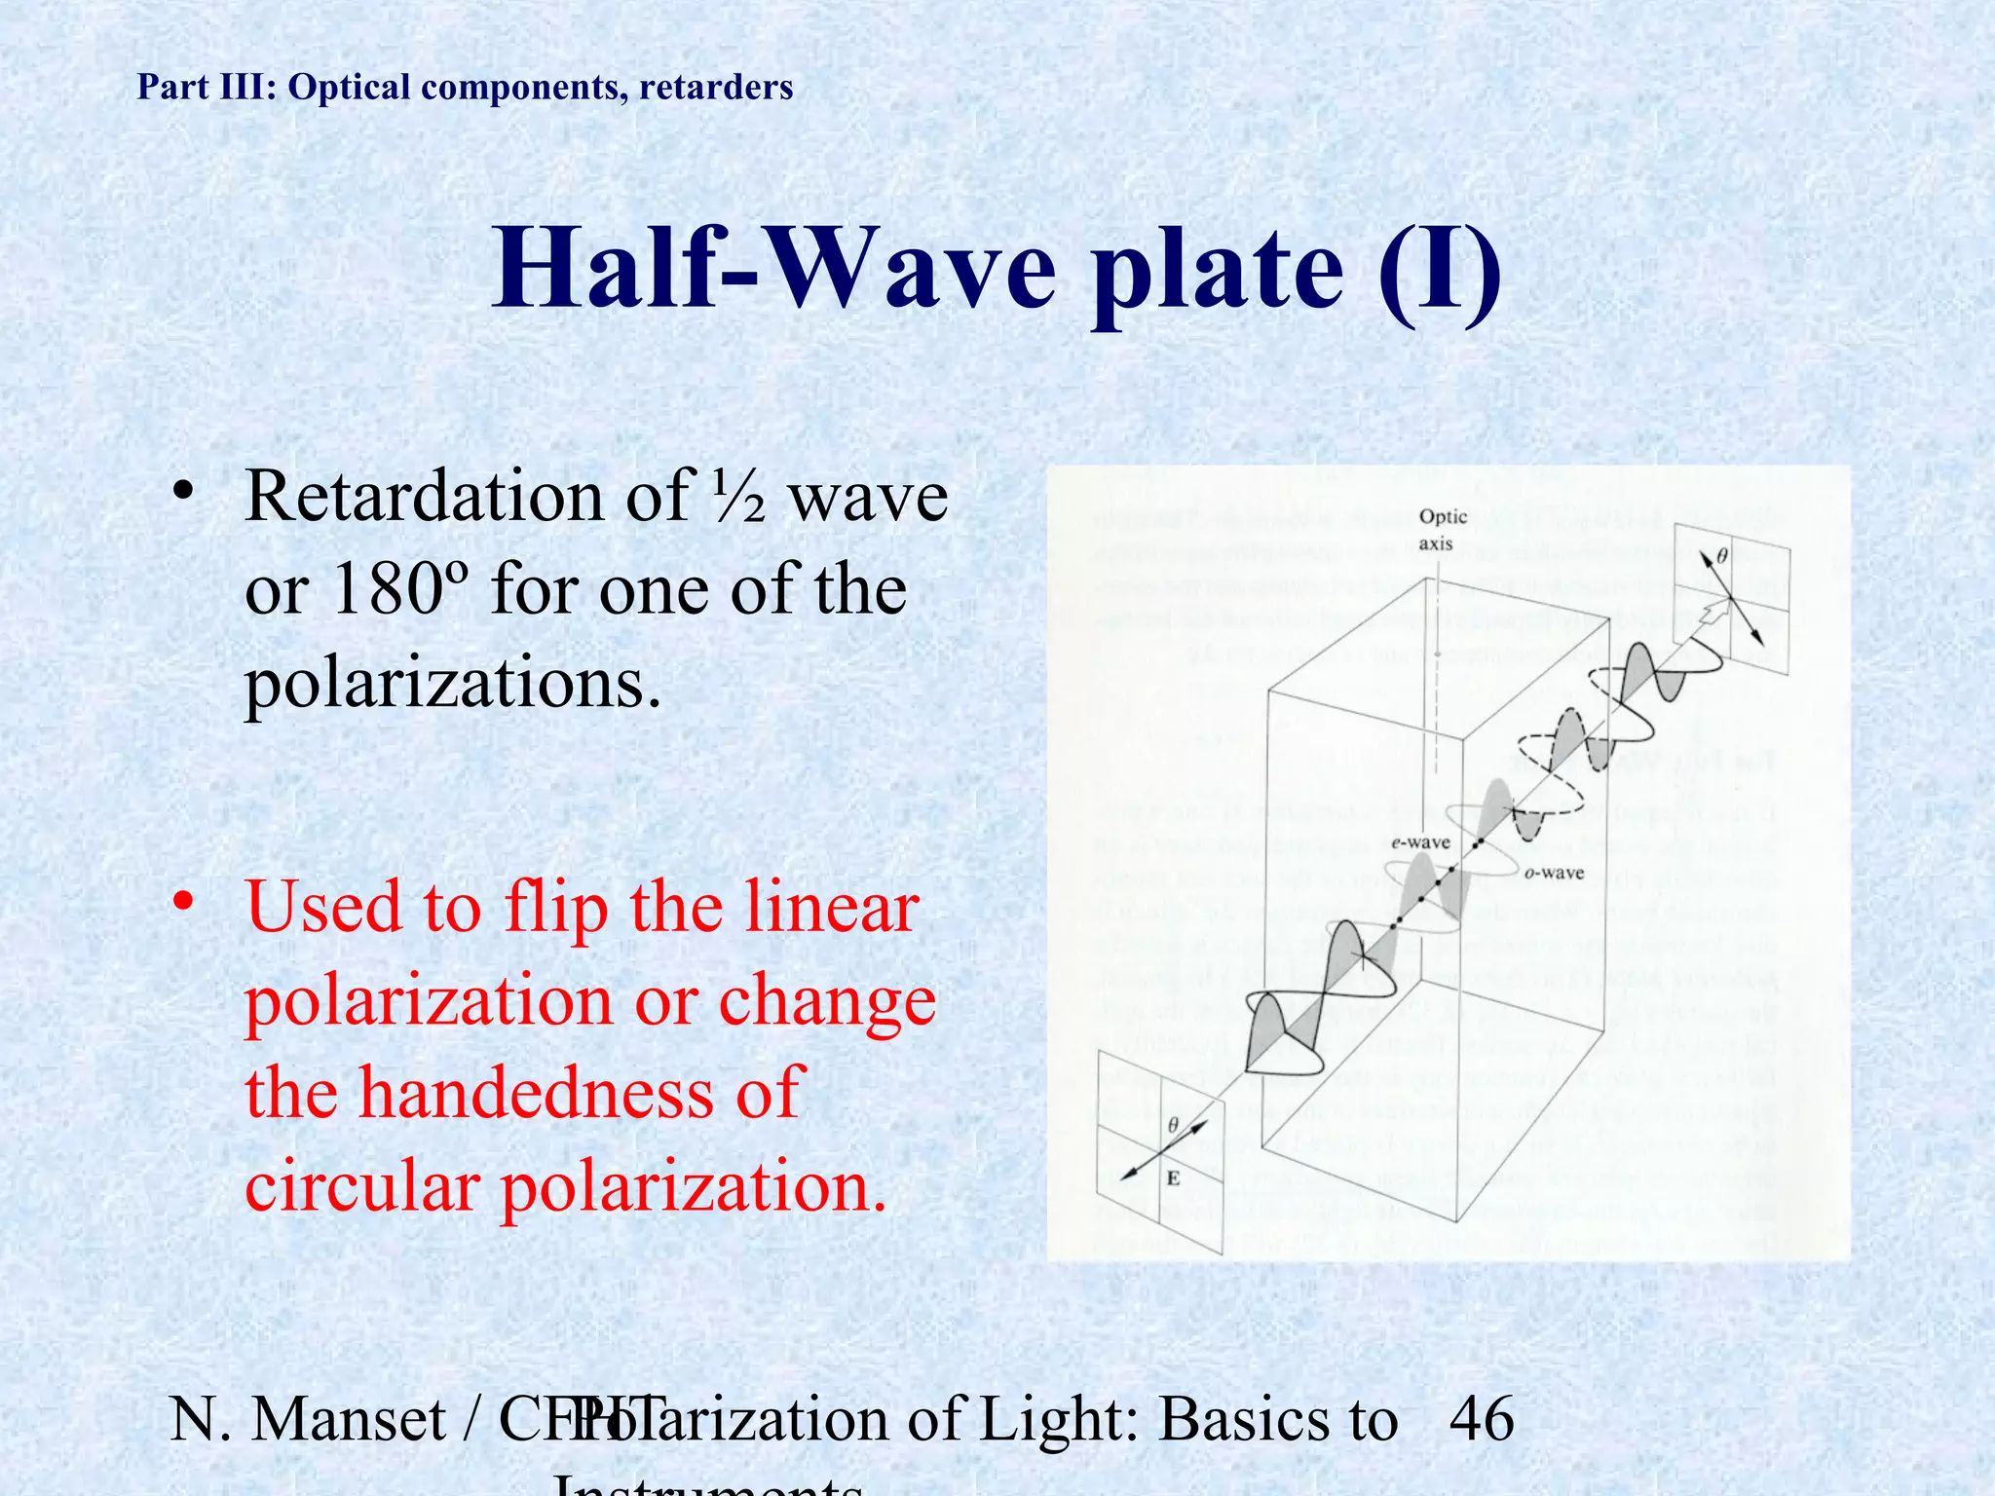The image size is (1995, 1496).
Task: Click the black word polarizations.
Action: [453, 684]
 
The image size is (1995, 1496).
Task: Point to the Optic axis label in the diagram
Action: [1442, 530]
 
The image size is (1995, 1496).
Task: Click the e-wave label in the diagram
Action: [1420, 842]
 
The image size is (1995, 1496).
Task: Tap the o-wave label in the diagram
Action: [1554, 874]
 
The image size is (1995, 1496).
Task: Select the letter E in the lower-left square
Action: [1174, 1178]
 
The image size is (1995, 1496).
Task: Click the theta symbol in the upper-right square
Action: [1721, 557]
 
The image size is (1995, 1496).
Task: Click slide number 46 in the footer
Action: [1482, 1419]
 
